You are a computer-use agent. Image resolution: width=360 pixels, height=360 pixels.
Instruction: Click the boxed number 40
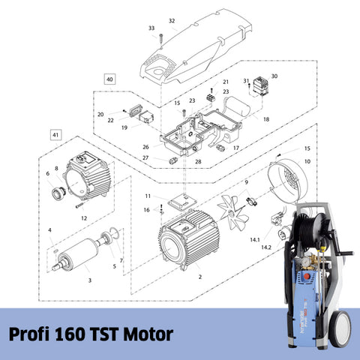109,79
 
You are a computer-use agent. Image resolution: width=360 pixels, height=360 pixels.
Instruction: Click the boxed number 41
54,134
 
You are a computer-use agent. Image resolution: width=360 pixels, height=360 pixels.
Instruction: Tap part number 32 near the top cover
172,21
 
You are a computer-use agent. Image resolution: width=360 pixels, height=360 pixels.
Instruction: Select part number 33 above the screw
151,28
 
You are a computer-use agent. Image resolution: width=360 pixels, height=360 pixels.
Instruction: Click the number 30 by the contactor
274,76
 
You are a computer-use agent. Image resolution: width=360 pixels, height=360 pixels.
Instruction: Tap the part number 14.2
266,247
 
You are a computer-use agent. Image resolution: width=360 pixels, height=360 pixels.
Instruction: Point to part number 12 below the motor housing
85,217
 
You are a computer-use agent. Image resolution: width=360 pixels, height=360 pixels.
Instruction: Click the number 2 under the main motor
199,276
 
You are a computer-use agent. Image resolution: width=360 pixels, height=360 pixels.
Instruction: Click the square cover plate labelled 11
180,202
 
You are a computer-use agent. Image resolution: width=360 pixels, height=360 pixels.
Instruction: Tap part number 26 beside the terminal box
146,146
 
